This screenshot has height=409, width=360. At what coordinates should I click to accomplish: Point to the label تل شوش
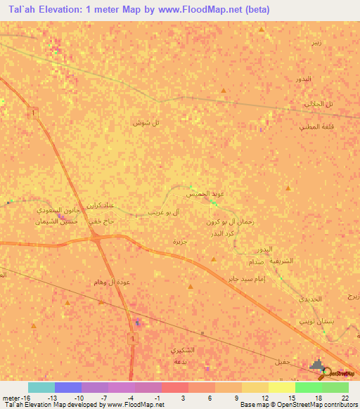[x=146, y=122]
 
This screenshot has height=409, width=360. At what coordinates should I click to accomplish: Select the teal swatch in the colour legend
[x=41, y=387]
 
